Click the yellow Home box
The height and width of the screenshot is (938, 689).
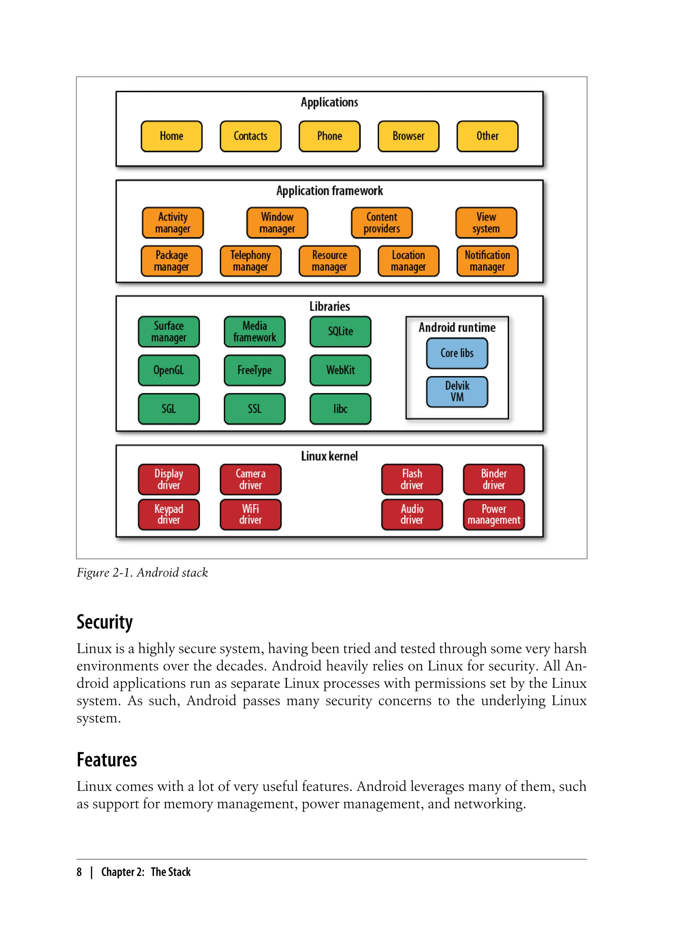[x=172, y=136]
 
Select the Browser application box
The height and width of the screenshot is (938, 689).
[x=408, y=136]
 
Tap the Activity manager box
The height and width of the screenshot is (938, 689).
[x=173, y=223]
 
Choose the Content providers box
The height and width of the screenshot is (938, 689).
[x=382, y=223]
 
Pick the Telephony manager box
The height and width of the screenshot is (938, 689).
[x=250, y=261]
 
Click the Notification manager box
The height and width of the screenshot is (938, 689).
[x=487, y=261]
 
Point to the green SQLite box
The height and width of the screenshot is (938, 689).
[x=340, y=332]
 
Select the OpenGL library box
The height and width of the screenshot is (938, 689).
[x=169, y=370]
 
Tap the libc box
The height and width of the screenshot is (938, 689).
[x=340, y=409]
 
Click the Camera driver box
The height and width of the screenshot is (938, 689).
[x=250, y=479]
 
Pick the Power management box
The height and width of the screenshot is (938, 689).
[x=494, y=515]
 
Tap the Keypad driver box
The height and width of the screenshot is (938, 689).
[x=169, y=515]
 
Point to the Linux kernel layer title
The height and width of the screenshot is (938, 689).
[x=329, y=456]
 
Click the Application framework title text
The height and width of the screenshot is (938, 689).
[x=329, y=191]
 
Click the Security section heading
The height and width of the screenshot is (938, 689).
[x=105, y=622]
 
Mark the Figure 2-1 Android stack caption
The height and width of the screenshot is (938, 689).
[x=142, y=573]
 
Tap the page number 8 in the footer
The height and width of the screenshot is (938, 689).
[x=79, y=872]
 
